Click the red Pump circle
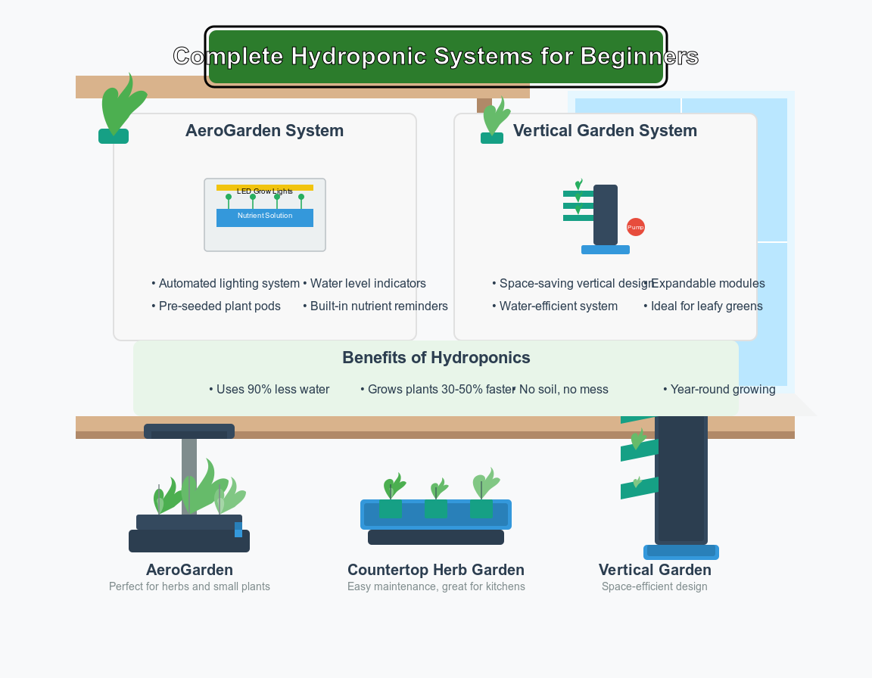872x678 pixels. point(636,227)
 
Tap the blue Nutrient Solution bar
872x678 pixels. point(265,217)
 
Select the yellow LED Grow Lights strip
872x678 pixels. point(265,188)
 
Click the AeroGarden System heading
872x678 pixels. point(264,131)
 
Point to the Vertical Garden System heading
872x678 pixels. point(605,131)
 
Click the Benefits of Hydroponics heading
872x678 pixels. point(436,358)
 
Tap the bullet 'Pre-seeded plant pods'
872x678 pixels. point(220,306)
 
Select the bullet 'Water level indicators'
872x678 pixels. point(368,284)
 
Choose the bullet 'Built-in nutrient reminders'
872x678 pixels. point(378,306)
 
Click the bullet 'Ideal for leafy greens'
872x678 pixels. point(706,306)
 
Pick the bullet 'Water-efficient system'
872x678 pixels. point(558,306)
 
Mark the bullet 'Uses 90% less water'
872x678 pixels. point(272,390)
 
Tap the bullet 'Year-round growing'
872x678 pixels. point(722,390)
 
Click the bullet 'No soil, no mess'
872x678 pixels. point(563,390)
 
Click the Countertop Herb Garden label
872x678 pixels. point(436,570)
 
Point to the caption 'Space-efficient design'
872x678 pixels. point(655,586)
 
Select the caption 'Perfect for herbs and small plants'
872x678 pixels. point(189,586)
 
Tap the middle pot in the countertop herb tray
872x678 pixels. point(436,508)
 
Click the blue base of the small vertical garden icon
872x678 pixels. point(606,250)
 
